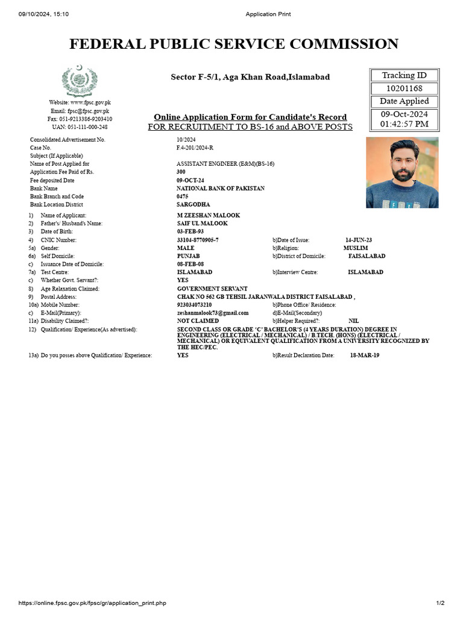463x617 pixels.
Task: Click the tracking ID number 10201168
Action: click(405, 89)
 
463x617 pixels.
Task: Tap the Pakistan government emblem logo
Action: click(80, 80)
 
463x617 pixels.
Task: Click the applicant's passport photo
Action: click(402, 172)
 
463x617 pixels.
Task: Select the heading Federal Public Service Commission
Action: click(234, 44)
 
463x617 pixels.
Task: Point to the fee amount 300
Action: click(181, 172)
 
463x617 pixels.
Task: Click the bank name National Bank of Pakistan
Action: click(220, 189)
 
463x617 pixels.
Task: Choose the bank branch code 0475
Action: click(183, 196)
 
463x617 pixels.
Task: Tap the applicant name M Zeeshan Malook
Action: click(208, 216)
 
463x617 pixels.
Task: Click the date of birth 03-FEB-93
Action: click(190, 232)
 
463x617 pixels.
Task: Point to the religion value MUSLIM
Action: click(356, 248)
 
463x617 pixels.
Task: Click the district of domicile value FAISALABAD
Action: click(367, 256)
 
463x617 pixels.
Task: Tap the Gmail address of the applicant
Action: click(213, 313)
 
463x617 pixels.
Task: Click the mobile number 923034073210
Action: click(194, 305)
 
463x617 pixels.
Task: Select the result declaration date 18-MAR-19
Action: click(365, 355)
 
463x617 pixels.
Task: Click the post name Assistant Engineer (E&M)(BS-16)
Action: click(225, 164)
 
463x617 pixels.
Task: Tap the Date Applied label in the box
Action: click(405, 101)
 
